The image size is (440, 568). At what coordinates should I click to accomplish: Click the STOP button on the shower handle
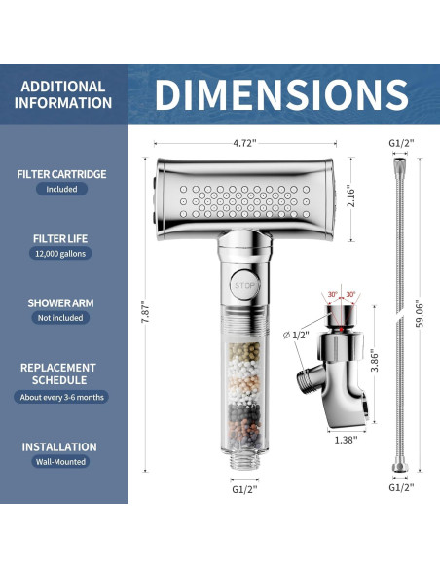[x=244, y=285]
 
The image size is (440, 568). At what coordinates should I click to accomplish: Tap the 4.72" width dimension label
[x=244, y=143]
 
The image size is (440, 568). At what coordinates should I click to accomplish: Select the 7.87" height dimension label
[x=145, y=311]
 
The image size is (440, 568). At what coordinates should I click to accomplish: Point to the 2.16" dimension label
[x=350, y=197]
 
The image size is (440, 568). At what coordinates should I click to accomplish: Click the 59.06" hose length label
[x=420, y=313]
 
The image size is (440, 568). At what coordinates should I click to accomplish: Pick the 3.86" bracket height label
[x=375, y=361]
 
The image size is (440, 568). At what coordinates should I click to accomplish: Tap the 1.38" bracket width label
[x=346, y=441]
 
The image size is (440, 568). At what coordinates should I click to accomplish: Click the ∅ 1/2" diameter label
[x=296, y=336]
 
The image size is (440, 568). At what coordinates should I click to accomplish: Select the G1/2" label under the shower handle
[x=244, y=489]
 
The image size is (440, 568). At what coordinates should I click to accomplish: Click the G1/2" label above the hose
[x=401, y=143]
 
